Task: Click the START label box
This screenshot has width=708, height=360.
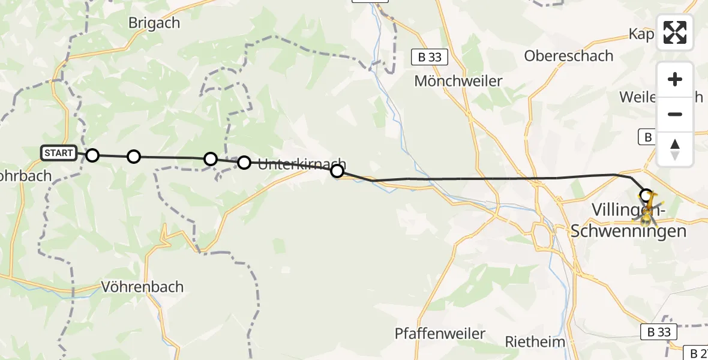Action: [59, 153]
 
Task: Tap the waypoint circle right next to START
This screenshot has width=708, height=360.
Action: [92, 155]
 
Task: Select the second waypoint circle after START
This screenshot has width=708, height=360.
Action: [134, 157]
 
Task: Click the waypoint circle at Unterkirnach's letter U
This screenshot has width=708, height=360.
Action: [244, 162]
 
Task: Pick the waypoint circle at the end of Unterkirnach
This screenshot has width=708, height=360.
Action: [337, 172]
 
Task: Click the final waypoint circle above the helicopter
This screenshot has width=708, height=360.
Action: [646, 195]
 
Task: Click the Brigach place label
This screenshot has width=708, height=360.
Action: [154, 23]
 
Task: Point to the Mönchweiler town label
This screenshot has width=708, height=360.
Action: [458, 81]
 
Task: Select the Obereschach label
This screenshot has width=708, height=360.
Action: [568, 56]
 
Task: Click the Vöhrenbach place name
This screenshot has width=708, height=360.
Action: [143, 287]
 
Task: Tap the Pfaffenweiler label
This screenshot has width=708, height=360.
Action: [440, 334]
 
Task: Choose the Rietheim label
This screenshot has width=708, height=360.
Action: [535, 342]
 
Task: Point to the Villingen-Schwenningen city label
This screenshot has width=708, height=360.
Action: [628, 220]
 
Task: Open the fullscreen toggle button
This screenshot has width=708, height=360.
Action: [675, 32]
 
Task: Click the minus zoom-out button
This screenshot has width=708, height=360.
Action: [675, 114]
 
